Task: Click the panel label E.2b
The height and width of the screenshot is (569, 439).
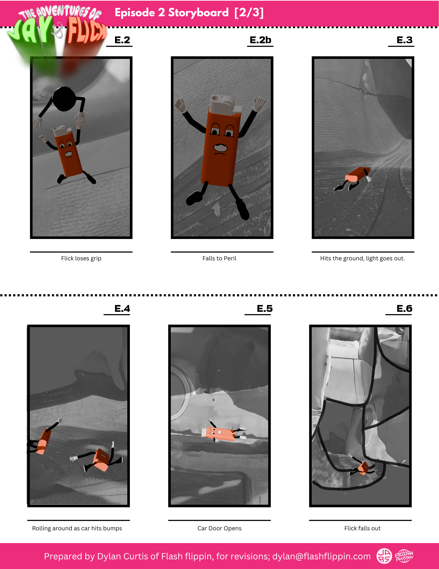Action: [260, 40]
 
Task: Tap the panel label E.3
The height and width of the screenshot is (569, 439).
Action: [404, 40]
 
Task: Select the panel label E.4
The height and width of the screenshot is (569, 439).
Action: [122, 308]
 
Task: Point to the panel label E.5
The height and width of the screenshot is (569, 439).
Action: [265, 308]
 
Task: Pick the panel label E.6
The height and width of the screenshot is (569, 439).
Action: [404, 308]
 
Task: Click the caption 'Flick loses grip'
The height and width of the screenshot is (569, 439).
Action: [81, 258]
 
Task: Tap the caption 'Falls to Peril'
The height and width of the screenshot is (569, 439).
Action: [219, 258]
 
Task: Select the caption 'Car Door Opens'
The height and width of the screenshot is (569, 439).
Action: [219, 528]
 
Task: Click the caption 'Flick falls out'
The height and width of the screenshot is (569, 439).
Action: [362, 528]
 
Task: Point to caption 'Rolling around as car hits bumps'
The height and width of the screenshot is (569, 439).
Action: [77, 528]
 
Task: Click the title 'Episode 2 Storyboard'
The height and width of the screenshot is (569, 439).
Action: [172, 13]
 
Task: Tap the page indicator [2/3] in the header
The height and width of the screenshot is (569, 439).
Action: [249, 13]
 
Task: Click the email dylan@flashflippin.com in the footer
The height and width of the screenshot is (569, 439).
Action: [321, 556]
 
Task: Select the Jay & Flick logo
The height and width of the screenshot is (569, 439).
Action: [57, 28]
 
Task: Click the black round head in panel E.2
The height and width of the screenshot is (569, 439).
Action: [65, 99]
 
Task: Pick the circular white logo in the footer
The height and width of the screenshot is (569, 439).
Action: [384, 556]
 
